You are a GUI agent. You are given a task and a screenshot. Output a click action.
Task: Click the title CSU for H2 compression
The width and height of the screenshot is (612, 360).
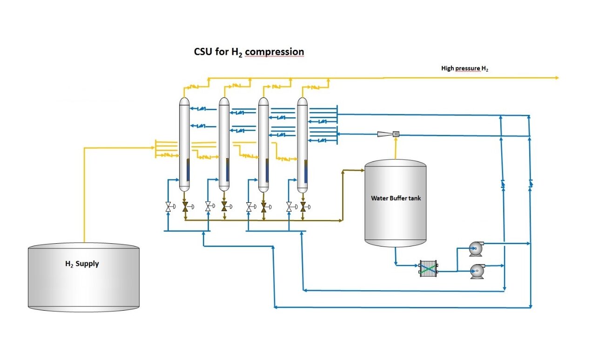[x=249, y=52]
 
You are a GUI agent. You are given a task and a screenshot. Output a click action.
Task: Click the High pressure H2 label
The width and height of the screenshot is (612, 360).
[x=464, y=68]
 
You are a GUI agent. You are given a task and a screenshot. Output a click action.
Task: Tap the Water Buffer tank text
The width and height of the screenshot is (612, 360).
[x=395, y=198]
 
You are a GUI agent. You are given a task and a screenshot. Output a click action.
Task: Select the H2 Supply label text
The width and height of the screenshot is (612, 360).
[x=82, y=264]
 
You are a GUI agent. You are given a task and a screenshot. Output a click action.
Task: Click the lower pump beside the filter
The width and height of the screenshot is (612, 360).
[x=476, y=271]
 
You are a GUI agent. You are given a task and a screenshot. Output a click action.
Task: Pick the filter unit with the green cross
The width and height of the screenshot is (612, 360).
[x=428, y=268]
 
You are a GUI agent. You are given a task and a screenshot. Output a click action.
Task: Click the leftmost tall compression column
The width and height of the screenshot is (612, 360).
[x=184, y=144]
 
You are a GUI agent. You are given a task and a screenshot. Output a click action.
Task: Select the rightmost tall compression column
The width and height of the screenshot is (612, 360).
[x=303, y=144]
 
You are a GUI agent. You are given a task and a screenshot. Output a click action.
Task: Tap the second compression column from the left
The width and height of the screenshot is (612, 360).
[x=224, y=144]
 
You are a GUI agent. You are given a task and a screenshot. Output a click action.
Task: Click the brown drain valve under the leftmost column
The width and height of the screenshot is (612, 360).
[x=185, y=207]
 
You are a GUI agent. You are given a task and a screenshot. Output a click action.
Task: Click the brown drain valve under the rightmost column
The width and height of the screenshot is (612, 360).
[x=303, y=207]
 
